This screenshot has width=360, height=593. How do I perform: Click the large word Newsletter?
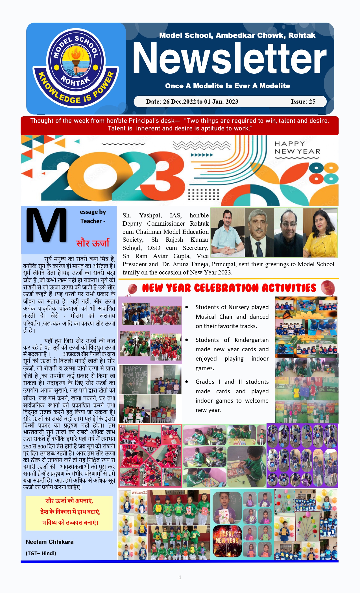[x=229, y=58]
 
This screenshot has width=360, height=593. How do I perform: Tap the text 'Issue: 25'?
[x=303, y=102]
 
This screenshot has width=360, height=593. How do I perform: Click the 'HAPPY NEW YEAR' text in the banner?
[x=297, y=148]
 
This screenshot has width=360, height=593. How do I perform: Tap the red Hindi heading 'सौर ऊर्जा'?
[x=93, y=243]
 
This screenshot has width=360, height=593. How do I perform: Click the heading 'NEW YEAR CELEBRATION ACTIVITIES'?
[x=229, y=288]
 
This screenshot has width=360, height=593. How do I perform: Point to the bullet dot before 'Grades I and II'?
[x=187, y=382]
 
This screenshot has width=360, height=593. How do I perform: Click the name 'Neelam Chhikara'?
[x=49, y=542]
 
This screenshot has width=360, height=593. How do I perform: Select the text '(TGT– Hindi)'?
[x=41, y=553]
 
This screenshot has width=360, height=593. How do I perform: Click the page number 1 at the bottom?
[x=180, y=577]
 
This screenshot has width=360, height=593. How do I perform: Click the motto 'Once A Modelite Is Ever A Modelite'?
[x=227, y=86]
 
